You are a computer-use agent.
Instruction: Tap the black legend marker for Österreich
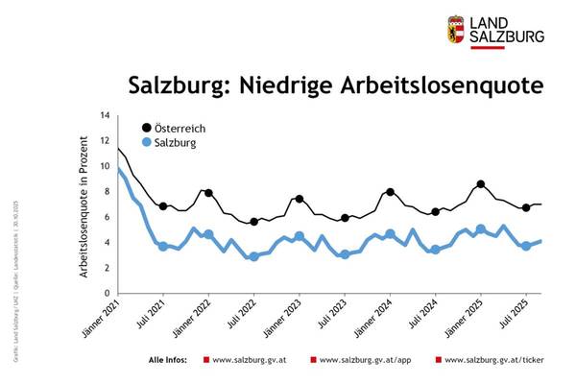tap(146, 128)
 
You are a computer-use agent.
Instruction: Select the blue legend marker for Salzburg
tap(146, 143)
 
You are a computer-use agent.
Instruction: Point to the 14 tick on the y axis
tap(105, 115)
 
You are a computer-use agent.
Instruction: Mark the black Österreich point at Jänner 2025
tap(481, 184)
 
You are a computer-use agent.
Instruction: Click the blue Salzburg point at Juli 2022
tap(253, 256)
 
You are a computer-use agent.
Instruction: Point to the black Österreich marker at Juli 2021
tap(163, 206)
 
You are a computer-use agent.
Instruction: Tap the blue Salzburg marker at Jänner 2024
tap(390, 233)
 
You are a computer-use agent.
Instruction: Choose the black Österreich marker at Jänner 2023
tap(300, 199)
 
